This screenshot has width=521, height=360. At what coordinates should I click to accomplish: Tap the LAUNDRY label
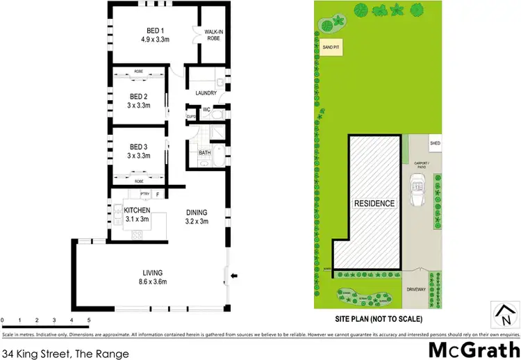[206, 92]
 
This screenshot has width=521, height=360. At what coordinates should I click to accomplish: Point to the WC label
[206, 109]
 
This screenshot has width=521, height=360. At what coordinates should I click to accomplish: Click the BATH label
[204, 152]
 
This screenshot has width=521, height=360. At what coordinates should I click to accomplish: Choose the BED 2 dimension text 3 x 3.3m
[139, 106]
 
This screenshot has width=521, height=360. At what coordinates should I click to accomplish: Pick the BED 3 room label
[139, 146]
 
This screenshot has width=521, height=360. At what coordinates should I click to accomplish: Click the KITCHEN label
[138, 209]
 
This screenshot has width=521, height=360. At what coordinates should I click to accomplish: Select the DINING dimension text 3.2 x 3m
[197, 222]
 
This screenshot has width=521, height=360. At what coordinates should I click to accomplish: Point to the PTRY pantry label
[144, 194]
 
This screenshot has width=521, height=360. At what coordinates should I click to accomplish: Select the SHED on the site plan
[435, 143]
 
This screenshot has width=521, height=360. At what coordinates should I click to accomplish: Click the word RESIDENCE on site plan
[374, 204]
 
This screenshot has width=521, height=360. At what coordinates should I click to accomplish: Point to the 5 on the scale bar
[89, 320]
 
